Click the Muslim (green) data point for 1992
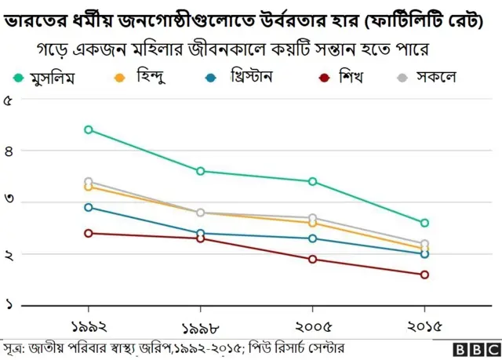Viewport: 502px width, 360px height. [89, 129]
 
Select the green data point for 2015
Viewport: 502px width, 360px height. [424, 223]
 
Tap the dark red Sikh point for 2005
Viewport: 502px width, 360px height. [312, 259]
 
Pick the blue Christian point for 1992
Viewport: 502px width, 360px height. [89, 207]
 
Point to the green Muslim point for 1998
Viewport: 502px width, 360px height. [201, 171]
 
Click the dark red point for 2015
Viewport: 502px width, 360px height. [424, 275]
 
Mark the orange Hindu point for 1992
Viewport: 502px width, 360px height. [89, 187]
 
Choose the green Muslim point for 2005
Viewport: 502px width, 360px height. [312, 181]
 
